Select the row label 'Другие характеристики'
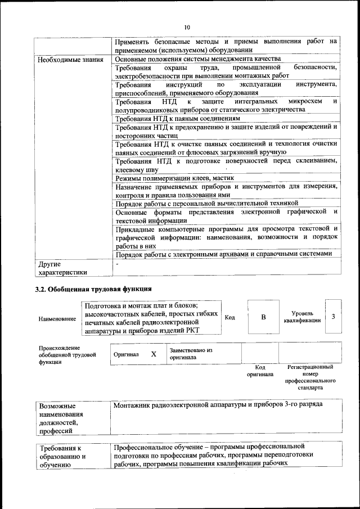[62, 268]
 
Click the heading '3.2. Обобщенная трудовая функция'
[89, 290]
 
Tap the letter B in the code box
[263, 317]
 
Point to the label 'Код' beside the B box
[230, 317]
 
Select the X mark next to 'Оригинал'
[153, 354]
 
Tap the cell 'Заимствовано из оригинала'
[191, 353]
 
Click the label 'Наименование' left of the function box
[57, 319]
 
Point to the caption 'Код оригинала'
[260, 371]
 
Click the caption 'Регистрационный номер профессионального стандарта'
[310, 377]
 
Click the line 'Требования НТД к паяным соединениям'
[178, 119]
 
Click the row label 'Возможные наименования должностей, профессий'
[61, 418]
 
